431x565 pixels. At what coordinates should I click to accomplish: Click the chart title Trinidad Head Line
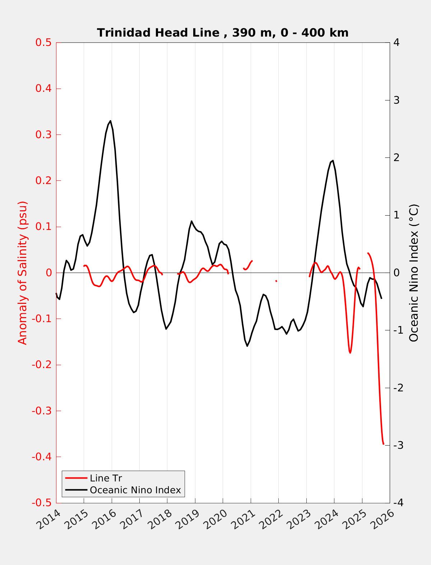point(223,33)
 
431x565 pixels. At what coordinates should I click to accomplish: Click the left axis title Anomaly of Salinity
point(23,273)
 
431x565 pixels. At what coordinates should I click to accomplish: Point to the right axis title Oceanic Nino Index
point(414,273)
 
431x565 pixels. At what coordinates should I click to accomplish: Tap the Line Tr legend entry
point(106,478)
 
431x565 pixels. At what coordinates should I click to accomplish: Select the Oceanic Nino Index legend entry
point(135,490)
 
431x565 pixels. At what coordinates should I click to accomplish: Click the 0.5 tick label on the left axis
point(43,43)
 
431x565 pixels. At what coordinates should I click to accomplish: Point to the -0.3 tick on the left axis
point(41,411)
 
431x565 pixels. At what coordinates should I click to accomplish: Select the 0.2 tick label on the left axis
point(43,180)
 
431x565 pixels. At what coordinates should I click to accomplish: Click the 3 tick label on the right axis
point(397,100)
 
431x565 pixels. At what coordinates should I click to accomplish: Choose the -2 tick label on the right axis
point(398,388)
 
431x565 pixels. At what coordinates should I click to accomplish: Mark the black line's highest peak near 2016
point(110,121)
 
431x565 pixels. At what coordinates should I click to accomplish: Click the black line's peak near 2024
point(333,160)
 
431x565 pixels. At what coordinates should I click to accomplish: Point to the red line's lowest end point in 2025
point(383,444)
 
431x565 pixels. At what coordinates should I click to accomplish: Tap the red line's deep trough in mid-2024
point(350,353)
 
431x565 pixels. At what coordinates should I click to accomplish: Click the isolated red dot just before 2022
point(276,281)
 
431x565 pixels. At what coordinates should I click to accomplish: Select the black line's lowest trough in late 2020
point(247,346)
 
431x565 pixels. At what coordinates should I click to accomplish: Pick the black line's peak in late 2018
point(191,221)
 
